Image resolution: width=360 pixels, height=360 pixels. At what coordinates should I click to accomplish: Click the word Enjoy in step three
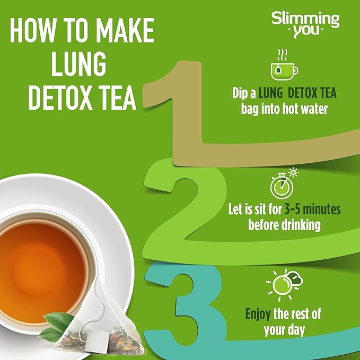[x=258, y=313]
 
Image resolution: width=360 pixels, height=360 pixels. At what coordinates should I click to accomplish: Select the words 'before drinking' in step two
[x=284, y=224]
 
